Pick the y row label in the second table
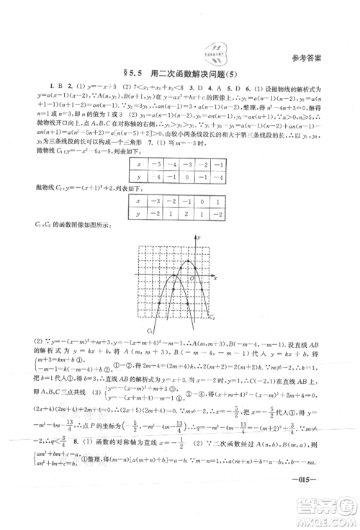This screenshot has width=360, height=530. pos(135,234)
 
